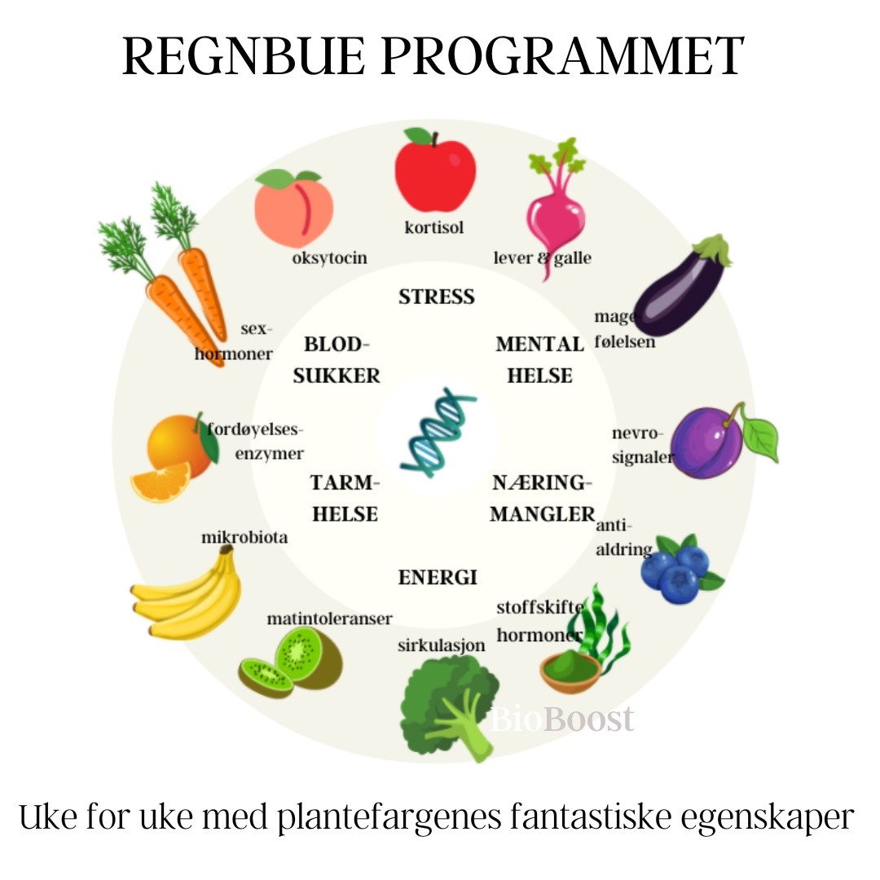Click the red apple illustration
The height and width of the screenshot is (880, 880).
[434, 173]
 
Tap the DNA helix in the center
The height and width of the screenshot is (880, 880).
[438, 432]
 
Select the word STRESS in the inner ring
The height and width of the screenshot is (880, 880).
[437, 297]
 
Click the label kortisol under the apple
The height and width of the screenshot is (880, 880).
[434, 227]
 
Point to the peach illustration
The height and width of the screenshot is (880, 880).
[293, 208]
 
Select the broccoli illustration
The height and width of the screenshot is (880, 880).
[448, 705]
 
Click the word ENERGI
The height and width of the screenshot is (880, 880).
[437, 578]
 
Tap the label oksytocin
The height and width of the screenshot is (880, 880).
[329, 258]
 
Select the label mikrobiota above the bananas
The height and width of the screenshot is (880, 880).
[244, 538]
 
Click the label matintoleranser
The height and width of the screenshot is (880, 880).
[329, 619]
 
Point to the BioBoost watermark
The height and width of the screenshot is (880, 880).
[562, 719]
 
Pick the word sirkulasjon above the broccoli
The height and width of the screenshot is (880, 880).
[441, 646]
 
